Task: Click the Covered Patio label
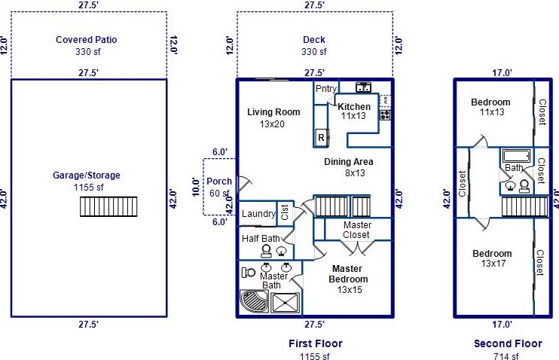point(87,40)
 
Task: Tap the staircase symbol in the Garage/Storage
point(108,206)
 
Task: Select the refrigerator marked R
point(321,137)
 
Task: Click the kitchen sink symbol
point(364,87)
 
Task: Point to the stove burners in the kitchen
point(385,114)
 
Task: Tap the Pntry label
point(326,89)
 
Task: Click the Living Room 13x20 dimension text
point(272,124)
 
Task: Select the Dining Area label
point(348,162)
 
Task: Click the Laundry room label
point(258,213)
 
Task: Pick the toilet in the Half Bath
point(266,252)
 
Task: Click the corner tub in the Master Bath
point(254,301)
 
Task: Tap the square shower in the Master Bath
point(286,303)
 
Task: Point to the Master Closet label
point(357,230)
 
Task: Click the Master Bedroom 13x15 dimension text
point(350,290)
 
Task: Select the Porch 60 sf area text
point(219,194)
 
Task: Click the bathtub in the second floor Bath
point(517,156)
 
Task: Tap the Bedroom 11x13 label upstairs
point(490,102)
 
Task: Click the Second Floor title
point(508,343)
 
